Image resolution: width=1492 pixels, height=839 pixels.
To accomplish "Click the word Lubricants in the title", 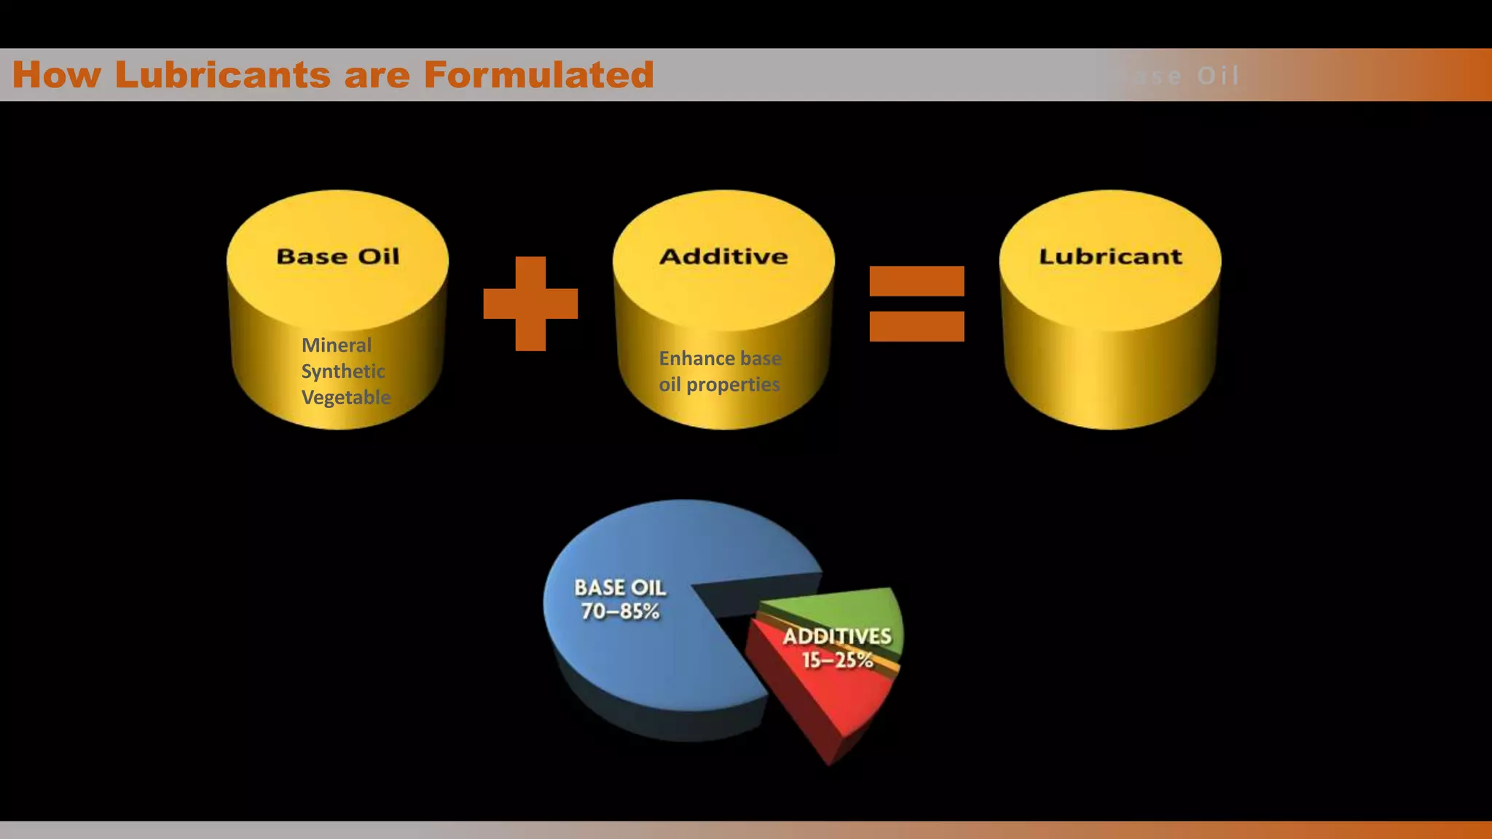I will tap(222, 75).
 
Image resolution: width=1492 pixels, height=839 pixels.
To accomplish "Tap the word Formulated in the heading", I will tap(538, 75).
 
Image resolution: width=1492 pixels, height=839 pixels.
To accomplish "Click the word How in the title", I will tap(57, 75).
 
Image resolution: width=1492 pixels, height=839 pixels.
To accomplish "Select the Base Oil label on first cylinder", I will tap(338, 256).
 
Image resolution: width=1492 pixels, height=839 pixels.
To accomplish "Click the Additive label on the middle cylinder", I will tap(723, 256).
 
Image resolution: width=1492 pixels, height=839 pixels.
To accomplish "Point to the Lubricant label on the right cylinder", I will tap(1110, 256).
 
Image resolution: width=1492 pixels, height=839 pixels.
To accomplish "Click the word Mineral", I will tap(337, 345).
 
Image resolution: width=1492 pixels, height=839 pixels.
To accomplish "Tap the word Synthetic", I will tap(343, 371).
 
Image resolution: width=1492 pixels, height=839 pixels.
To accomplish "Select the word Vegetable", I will tap(346, 398).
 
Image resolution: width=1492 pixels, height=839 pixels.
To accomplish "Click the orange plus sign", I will tap(530, 304).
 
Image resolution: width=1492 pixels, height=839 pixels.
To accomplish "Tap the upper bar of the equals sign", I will tap(916, 281).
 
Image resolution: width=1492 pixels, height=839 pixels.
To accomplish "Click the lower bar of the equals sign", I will tap(916, 326).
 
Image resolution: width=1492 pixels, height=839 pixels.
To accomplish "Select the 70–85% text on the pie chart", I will tap(620, 611).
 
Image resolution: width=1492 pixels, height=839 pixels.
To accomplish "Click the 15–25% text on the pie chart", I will tap(837, 660).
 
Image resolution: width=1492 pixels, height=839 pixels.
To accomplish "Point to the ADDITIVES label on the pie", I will tap(837, 636).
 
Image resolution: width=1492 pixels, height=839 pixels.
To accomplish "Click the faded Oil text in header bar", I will tap(1217, 76).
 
